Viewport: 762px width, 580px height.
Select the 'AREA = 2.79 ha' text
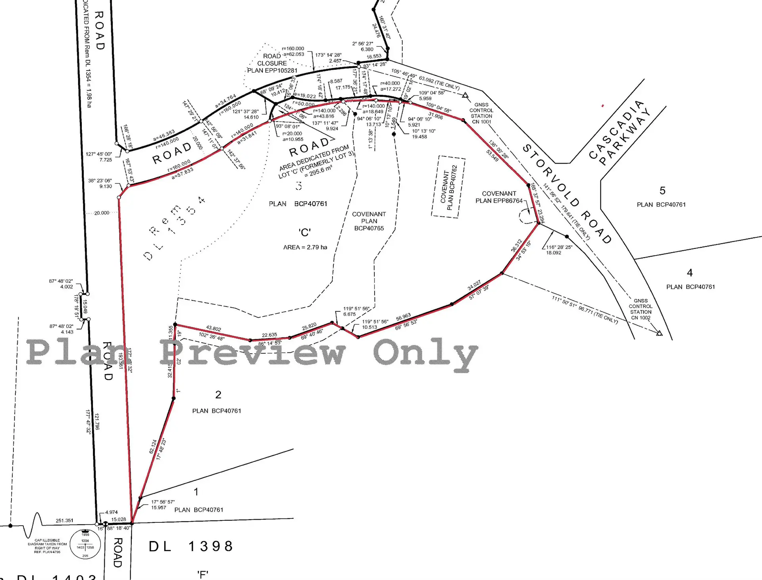click(305, 247)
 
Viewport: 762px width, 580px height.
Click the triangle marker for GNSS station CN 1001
click(465, 95)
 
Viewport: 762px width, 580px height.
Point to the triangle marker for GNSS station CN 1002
click(659, 333)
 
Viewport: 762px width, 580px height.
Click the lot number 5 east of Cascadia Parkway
click(662, 191)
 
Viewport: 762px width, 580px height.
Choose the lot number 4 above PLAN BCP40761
click(690, 273)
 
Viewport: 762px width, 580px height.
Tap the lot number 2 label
click(218, 395)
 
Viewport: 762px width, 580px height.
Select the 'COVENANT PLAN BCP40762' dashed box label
click(449, 187)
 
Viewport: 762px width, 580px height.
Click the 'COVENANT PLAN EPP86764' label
click(499, 197)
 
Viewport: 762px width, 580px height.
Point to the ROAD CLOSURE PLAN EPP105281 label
click(272, 64)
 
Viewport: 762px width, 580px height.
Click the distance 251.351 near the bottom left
click(65, 520)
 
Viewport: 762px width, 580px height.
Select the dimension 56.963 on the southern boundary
click(403, 317)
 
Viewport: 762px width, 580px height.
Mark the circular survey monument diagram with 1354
click(85, 544)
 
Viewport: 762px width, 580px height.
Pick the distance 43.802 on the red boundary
click(214, 328)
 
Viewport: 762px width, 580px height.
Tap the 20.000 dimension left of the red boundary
click(102, 213)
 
